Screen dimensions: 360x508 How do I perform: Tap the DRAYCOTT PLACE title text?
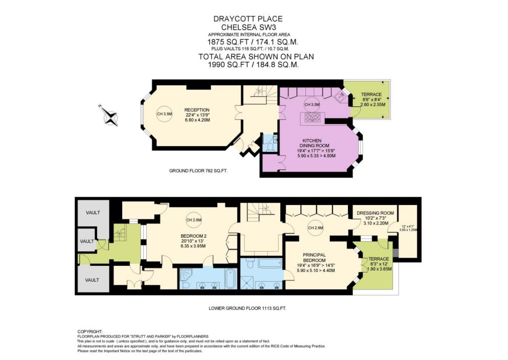click(248, 19)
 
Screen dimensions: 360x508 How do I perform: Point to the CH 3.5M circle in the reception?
click(164, 114)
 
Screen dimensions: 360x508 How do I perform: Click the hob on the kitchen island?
click(313, 118)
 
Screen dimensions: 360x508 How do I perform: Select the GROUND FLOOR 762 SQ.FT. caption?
click(198, 171)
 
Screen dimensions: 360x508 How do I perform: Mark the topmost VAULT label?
click(93, 212)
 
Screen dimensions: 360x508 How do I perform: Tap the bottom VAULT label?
click(92, 280)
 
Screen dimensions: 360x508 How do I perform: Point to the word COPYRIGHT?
click(90, 331)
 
